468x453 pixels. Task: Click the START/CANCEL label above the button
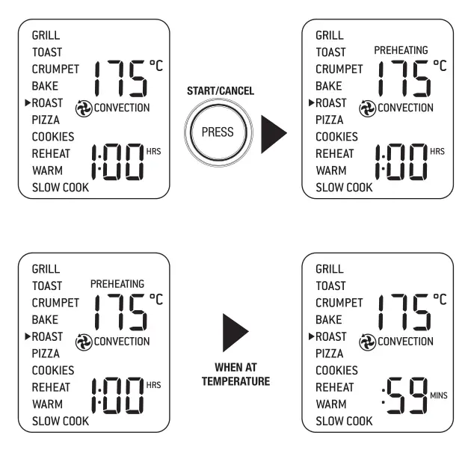[220, 91]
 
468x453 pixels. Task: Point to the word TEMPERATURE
[235, 382]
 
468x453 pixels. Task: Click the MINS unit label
[439, 395]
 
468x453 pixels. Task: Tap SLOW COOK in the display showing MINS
[344, 421]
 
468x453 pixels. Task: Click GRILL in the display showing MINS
[329, 269]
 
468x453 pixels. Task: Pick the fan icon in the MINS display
[368, 342]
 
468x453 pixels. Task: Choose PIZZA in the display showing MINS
[330, 353]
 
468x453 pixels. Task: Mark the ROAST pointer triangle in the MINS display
[311, 336]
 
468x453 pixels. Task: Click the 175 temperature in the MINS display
[404, 312]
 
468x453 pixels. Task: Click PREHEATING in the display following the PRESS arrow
[401, 50]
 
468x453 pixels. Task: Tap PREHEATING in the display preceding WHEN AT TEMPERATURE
[117, 284]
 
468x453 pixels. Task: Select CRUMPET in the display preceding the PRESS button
[55, 69]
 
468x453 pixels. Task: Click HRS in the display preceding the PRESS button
[154, 151]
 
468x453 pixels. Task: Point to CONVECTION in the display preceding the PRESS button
[122, 108]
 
